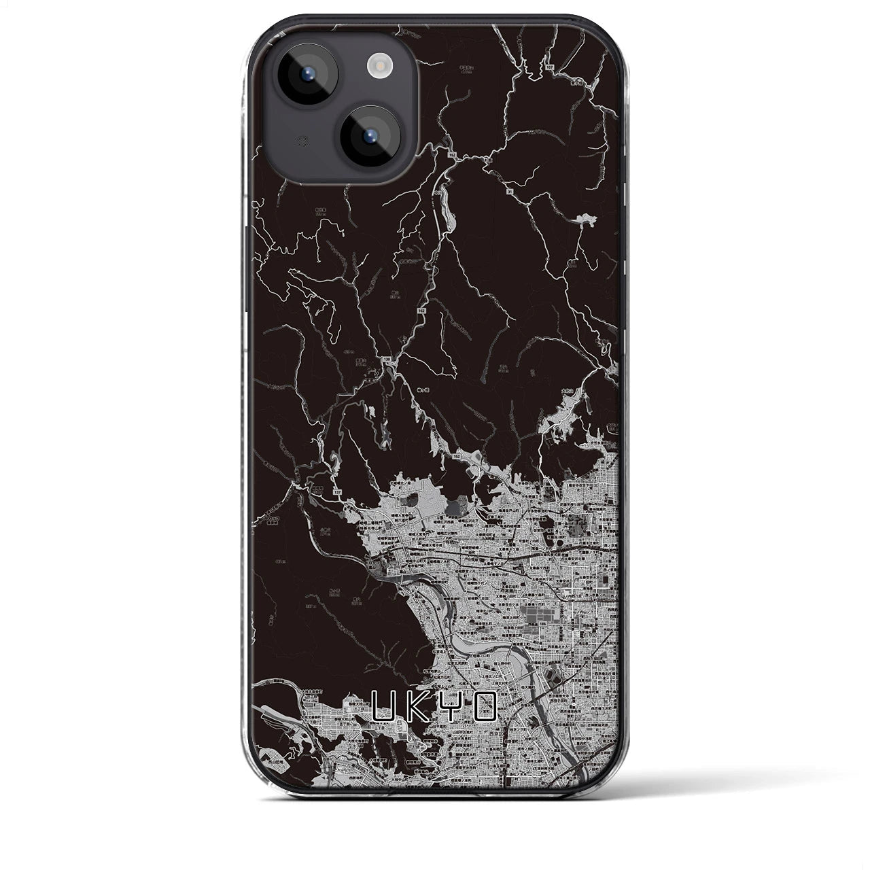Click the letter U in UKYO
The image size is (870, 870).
point(385,708)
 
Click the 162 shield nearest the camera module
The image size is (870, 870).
point(452,156)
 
